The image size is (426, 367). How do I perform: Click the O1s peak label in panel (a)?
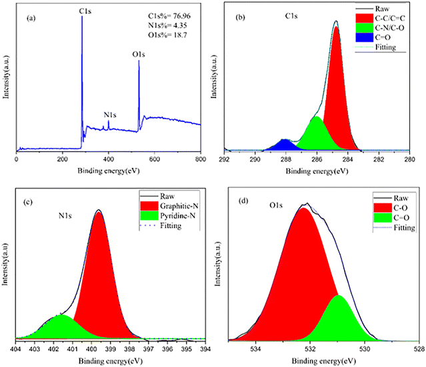click(139, 55)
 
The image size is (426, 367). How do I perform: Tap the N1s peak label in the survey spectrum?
click(110, 115)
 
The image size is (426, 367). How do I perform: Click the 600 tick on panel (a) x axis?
click(154, 159)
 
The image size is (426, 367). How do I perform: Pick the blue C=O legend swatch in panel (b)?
click(364, 37)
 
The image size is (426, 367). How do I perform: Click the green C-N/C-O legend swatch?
click(364, 28)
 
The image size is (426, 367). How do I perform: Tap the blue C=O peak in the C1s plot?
click(284, 145)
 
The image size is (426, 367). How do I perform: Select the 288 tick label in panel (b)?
click(286, 159)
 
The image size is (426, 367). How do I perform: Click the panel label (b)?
click(240, 17)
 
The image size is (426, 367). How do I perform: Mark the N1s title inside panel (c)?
click(65, 216)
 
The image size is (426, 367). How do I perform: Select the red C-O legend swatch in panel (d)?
click(383, 208)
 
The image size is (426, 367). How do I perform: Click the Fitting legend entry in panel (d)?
click(404, 228)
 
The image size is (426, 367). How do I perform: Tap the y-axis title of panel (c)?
click(5, 264)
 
